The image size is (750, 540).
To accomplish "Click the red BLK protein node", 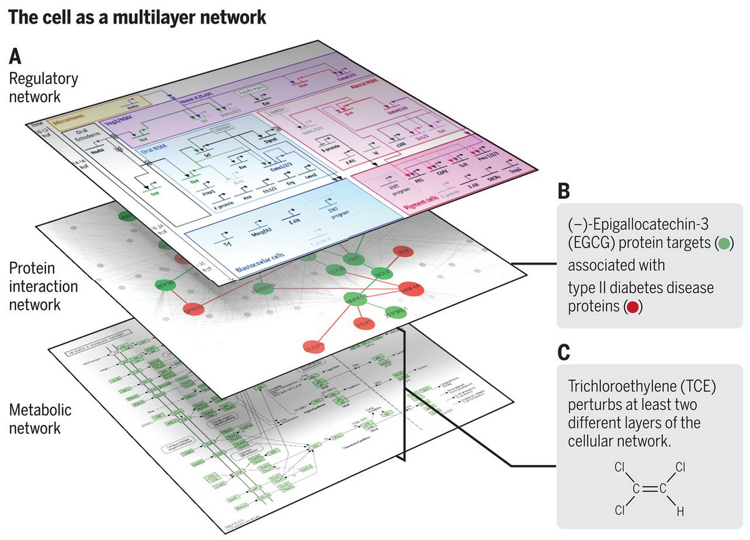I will point(405,251).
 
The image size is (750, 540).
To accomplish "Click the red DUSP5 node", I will point(314,346).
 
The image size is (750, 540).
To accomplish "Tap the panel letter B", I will point(564,192).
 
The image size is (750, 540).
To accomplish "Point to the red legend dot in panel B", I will point(633,307).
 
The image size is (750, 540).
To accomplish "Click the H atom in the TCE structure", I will point(680,512).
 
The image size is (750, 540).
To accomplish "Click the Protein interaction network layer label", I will point(43,286).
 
